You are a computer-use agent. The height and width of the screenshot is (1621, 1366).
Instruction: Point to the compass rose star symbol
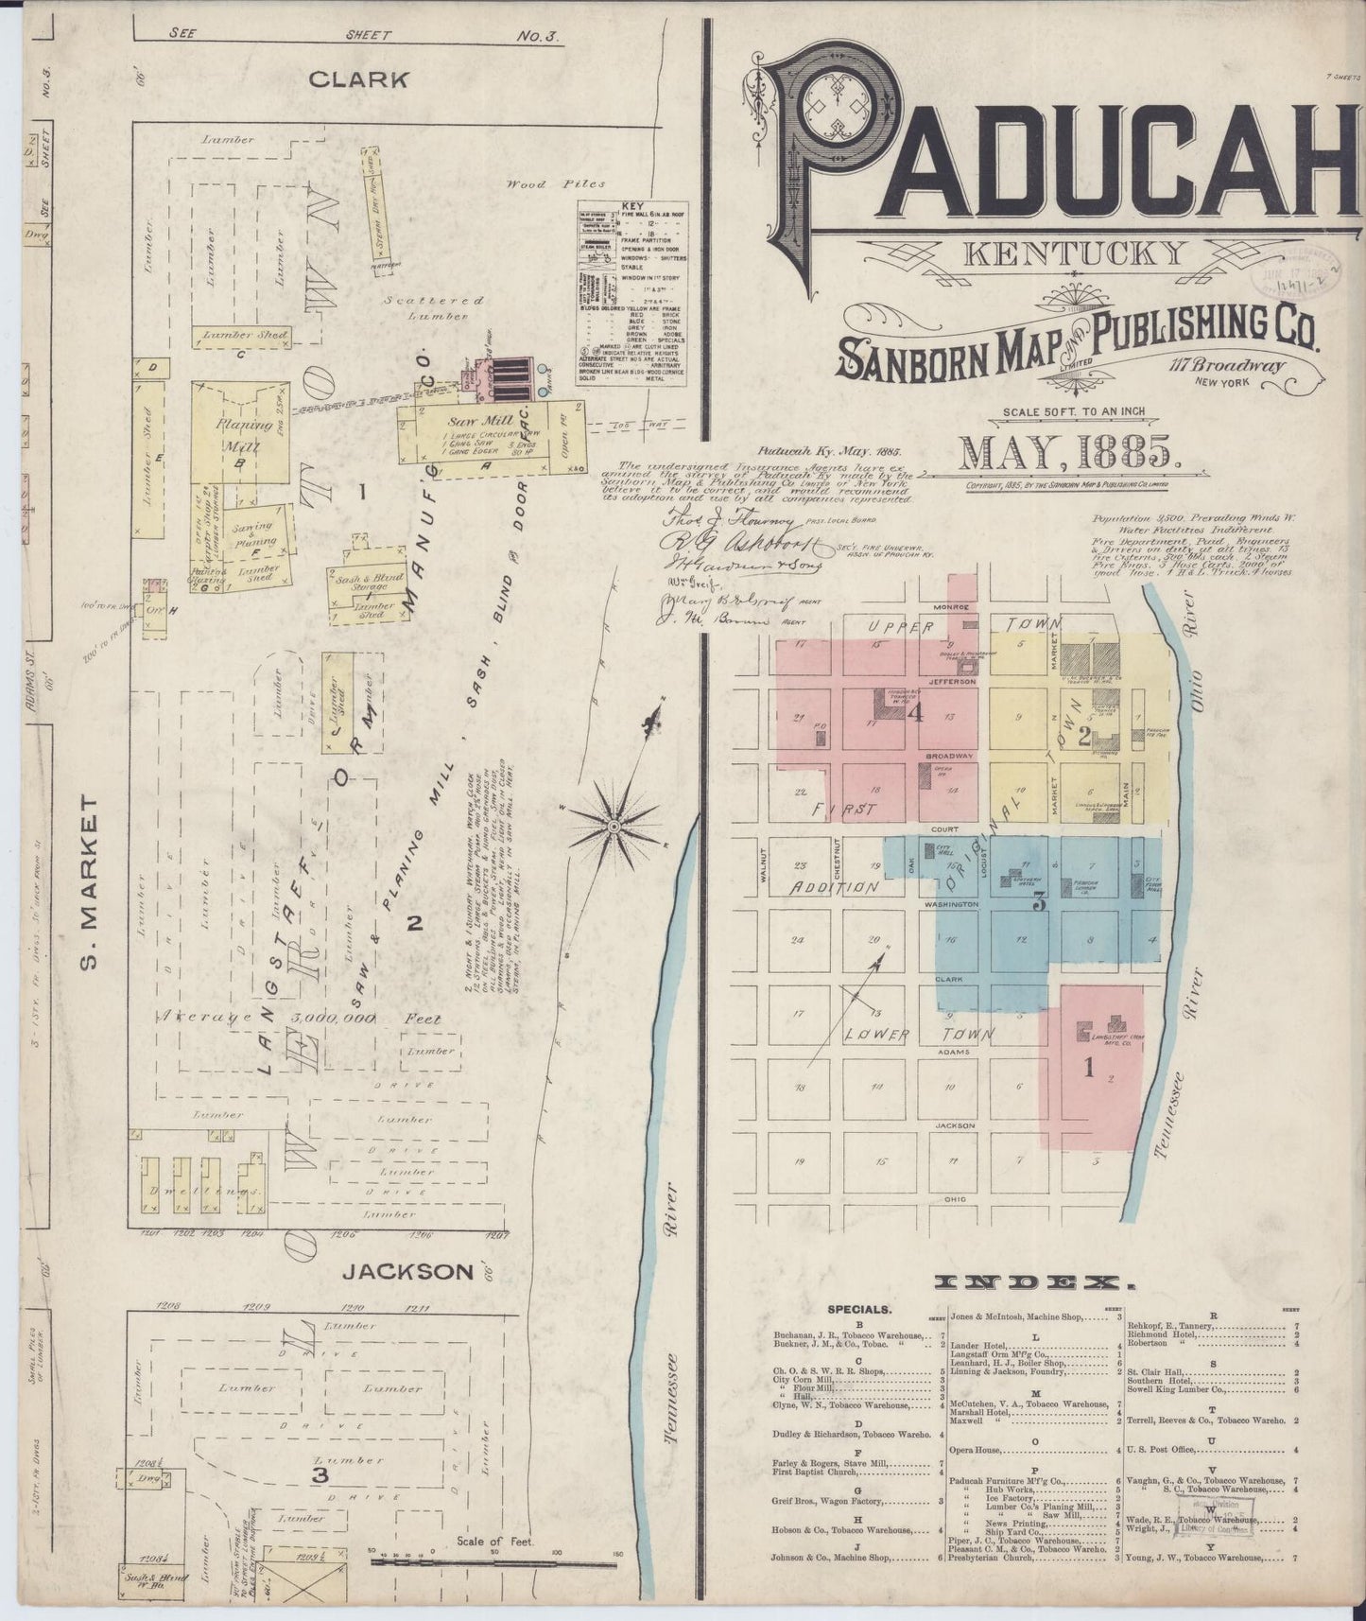tap(614, 826)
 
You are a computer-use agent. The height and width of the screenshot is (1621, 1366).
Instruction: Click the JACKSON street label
tap(406, 1271)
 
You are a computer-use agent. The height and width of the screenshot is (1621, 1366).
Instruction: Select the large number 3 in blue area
tap(1038, 903)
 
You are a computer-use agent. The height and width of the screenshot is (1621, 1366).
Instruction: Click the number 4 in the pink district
tap(914, 716)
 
